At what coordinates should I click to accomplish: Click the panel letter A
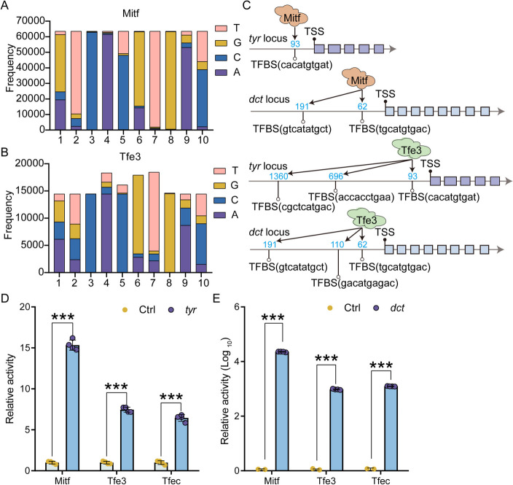click(8, 8)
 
